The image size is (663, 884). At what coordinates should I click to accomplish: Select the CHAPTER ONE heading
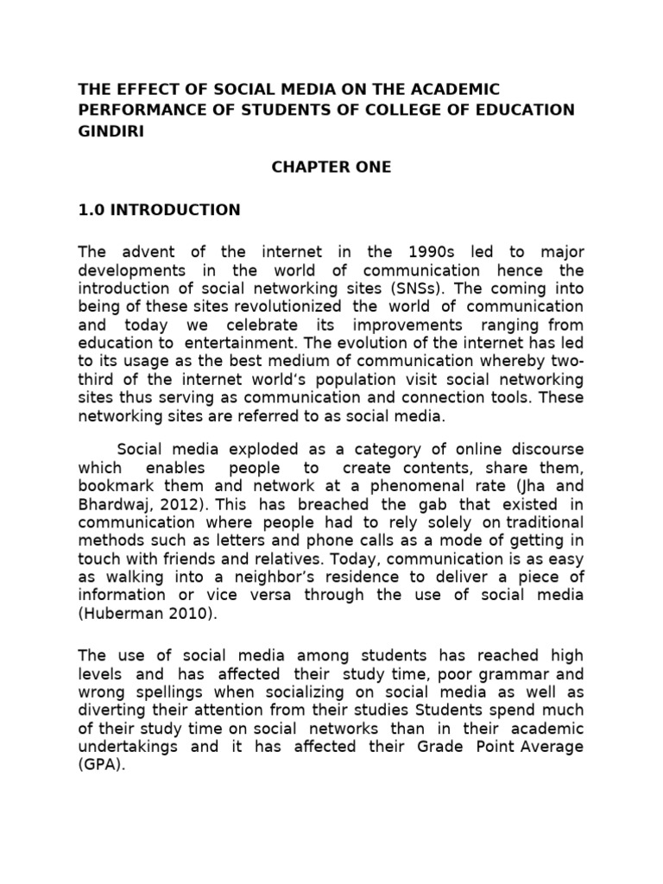(x=331, y=167)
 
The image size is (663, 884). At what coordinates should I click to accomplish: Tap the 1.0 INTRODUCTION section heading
(x=160, y=210)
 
